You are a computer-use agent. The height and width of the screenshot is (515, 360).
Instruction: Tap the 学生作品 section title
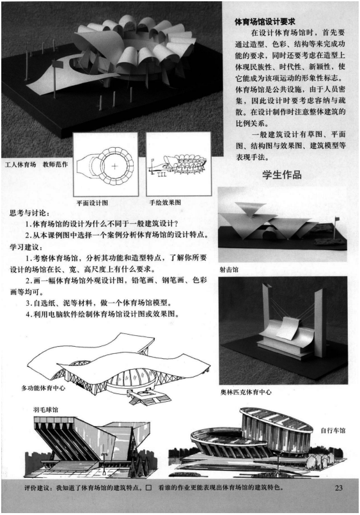(x=285, y=175)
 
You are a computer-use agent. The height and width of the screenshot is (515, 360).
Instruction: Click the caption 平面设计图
(x=91, y=203)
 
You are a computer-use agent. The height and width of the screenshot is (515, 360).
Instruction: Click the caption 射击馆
(x=228, y=269)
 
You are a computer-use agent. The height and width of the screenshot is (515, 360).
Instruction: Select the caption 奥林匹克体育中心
(x=246, y=390)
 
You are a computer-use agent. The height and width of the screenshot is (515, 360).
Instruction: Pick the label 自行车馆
(x=333, y=431)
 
